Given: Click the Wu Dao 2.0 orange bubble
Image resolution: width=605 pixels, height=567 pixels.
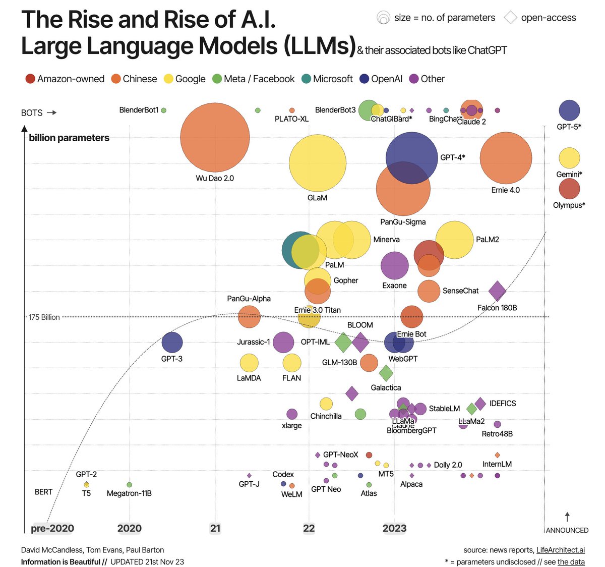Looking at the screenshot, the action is point(215,137).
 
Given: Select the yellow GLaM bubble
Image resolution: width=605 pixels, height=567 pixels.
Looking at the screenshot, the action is point(318,163).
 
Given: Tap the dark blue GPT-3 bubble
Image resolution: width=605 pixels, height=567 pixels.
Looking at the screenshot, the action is point(172,343).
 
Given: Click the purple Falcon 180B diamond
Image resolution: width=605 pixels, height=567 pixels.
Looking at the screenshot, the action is point(497,291).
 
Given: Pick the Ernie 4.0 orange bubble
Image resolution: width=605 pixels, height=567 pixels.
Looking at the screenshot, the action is point(506,158).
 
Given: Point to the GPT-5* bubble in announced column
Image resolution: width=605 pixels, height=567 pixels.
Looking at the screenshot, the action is point(569,110).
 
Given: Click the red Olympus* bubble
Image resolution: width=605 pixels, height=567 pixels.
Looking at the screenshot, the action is point(569,189).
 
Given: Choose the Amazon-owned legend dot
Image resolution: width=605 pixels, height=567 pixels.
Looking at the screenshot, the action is point(30,79).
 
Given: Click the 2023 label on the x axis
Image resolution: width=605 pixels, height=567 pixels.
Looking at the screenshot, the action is point(394,528).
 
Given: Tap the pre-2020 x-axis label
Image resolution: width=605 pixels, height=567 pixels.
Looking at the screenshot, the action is point(52,528).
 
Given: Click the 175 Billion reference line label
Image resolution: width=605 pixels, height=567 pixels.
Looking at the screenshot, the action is point(44,317).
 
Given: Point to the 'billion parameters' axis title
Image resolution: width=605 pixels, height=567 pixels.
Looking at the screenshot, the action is point(69,138).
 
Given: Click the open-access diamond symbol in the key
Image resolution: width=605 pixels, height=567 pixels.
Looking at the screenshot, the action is point(511,18).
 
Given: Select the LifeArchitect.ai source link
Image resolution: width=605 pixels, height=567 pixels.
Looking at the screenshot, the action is point(560,550).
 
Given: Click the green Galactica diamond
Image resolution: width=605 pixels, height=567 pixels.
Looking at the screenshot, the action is point(386,374).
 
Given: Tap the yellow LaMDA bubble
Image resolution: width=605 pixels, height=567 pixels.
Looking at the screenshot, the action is point(249,363).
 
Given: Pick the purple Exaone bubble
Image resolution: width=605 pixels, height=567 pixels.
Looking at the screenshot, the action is point(394,265).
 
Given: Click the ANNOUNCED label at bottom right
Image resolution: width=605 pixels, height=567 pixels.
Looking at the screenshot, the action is point(567,530).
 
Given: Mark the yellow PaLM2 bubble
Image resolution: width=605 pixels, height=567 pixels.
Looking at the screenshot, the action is point(454,240).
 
